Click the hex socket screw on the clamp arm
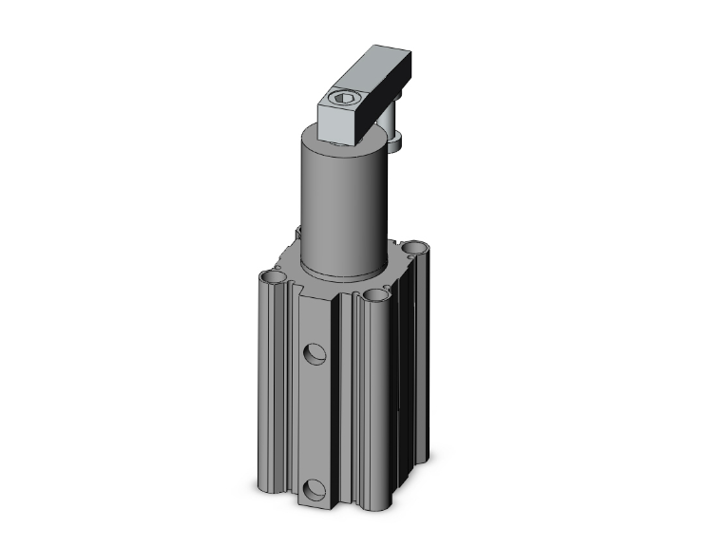click(344, 97)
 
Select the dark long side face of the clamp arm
click(385, 104)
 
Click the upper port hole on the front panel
click(315, 354)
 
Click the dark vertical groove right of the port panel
click(343, 408)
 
